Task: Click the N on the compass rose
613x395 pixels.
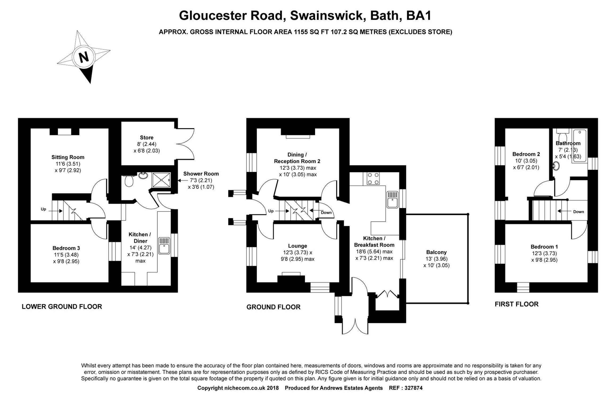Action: pyautogui.click(x=84, y=57)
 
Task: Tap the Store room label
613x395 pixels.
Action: pyautogui.click(x=147, y=138)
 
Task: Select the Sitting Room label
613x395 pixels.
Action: pyautogui.click(x=68, y=157)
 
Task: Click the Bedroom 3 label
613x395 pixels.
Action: pyautogui.click(x=66, y=248)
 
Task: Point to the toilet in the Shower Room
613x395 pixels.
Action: pyautogui.click(x=129, y=181)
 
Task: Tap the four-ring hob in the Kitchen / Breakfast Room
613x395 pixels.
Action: pyautogui.click(x=373, y=178)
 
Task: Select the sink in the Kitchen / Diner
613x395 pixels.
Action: pyautogui.click(x=164, y=246)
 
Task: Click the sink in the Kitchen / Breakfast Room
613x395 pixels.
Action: pyautogui.click(x=392, y=199)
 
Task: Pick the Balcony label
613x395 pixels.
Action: pyautogui.click(x=436, y=252)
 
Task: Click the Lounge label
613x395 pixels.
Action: pyautogui.click(x=297, y=246)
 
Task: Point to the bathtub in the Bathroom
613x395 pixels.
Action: pyautogui.click(x=580, y=145)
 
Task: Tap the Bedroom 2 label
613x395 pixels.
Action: pyautogui.click(x=526, y=154)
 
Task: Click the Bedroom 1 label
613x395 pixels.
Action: pyautogui.click(x=544, y=247)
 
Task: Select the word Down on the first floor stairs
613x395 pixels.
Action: pyautogui.click(x=578, y=212)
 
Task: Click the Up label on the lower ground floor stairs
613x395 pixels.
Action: pyautogui.click(x=43, y=209)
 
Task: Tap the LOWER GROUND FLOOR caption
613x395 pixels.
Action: pyautogui.click(x=62, y=307)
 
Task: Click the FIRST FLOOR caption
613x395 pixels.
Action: pyautogui.click(x=516, y=304)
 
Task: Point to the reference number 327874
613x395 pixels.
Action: pyautogui.click(x=413, y=388)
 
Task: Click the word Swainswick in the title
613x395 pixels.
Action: pyautogui.click(x=326, y=15)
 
